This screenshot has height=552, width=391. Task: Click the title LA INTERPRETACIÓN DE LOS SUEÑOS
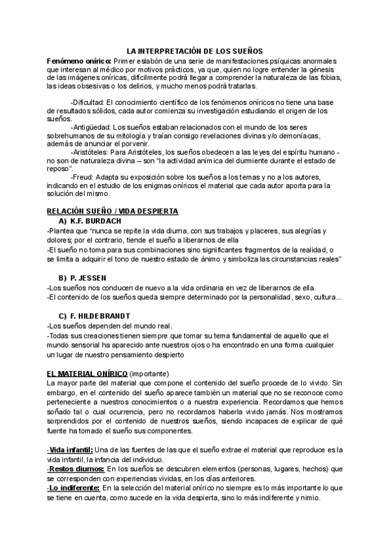[x=194, y=50]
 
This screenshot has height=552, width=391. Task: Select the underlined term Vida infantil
[x=71, y=450]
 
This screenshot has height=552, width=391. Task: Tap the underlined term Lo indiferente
[x=74, y=488]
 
